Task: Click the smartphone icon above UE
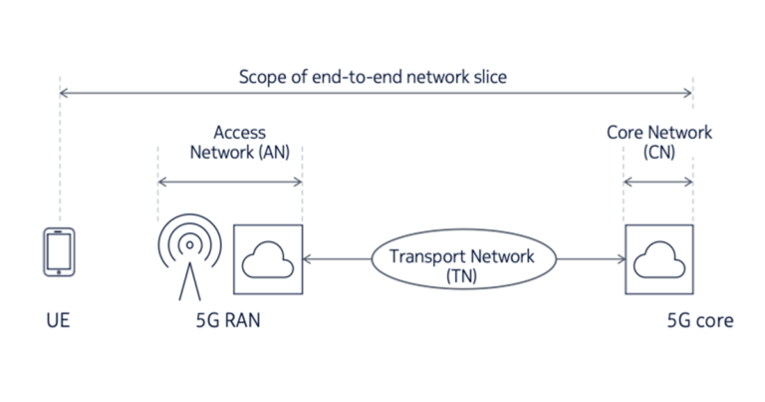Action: [59, 252]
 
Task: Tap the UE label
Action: [58, 321]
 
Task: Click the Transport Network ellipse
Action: [461, 261]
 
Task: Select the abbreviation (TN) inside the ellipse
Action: [461, 275]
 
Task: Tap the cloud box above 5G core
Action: [658, 259]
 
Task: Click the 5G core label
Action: [699, 321]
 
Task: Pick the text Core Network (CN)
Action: [659, 141]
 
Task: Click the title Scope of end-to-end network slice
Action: [374, 77]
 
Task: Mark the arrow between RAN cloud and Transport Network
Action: [336, 260]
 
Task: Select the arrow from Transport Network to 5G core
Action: [591, 260]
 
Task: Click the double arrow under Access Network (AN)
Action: [230, 182]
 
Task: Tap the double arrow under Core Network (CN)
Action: [658, 182]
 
